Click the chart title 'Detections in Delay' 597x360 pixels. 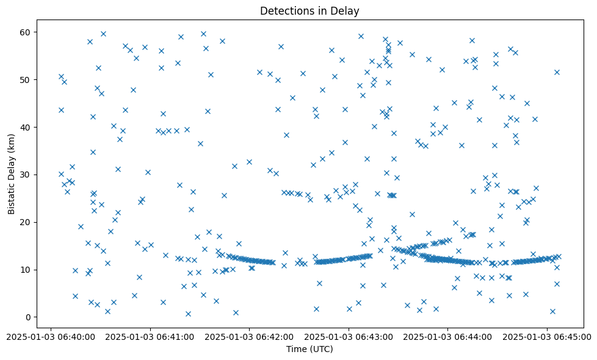[309, 10]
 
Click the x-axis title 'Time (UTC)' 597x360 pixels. [309, 349]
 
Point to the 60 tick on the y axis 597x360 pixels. [27, 32]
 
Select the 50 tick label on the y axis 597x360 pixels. [27, 79]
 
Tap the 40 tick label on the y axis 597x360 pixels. [27, 127]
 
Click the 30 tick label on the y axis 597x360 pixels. [27, 175]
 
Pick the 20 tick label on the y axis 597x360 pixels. [27, 222]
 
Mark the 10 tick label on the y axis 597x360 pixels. [27, 270]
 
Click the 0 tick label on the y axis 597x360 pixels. [29, 317]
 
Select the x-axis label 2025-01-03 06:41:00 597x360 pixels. [150, 335]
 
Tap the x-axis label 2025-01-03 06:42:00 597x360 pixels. [249, 335]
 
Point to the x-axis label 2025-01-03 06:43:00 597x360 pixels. [349, 335]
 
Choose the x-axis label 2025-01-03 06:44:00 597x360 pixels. [448, 335]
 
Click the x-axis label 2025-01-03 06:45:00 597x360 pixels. [547, 335]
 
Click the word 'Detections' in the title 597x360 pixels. [283, 10]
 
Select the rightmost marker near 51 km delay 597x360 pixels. [557, 72]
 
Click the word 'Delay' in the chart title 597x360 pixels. [347, 10]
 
